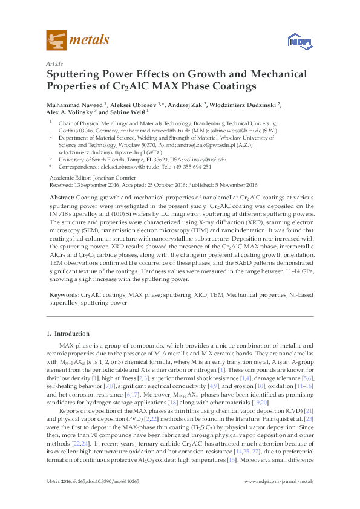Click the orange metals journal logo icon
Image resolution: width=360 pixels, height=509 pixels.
point(56,41)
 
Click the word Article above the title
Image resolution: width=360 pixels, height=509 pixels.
point(54,63)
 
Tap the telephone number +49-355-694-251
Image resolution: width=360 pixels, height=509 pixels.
point(192,166)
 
